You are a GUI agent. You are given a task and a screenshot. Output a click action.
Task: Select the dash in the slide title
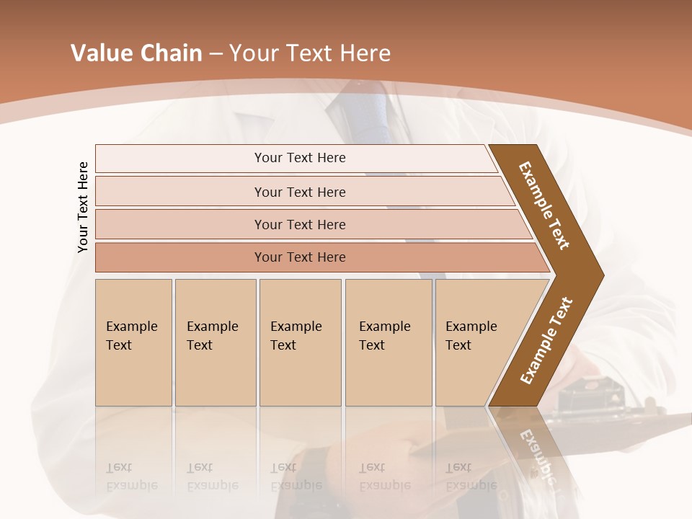point(216,54)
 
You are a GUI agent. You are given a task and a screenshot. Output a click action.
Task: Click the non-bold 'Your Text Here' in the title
point(310,53)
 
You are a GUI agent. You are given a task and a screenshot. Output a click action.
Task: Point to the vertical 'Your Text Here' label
point(83,207)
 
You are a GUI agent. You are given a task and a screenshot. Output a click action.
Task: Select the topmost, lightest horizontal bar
point(299,158)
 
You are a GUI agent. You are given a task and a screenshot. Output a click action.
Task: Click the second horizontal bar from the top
point(299,192)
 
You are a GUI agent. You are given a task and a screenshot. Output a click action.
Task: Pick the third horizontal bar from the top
point(299,224)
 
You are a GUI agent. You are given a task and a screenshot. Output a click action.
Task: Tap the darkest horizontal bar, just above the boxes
point(299,257)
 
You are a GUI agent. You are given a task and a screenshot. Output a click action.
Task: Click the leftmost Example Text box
point(133,342)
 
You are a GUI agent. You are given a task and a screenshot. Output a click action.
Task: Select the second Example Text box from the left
point(215,342)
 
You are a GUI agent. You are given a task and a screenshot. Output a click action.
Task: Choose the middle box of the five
point(300,342)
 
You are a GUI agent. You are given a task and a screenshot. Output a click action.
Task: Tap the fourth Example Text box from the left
point(388,342)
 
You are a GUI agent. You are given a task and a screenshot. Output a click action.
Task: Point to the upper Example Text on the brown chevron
point(545,205)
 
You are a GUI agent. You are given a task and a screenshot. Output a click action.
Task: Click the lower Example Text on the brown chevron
point(546,340)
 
